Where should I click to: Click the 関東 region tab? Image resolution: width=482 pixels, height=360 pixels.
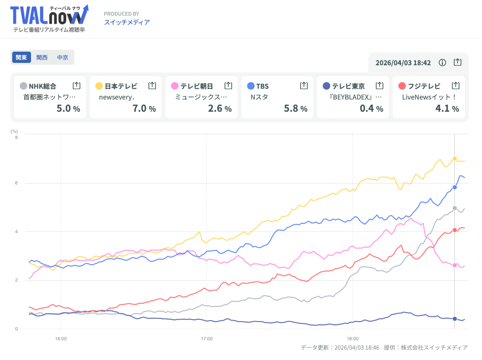tap(21, 57)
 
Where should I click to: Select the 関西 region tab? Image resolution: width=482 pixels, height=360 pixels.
tap(42, 57)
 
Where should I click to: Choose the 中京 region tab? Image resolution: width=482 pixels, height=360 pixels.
tap(62, 57)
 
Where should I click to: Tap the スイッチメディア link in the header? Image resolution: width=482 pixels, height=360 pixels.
tap(127, 22)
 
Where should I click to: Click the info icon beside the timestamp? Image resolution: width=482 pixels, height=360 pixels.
tap(442, 62)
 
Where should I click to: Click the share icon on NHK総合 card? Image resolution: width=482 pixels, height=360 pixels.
tap(77, 85)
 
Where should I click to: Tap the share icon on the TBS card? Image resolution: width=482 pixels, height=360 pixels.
tap(304, 85)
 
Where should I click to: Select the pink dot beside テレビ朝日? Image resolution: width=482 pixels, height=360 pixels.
tap(175, 86)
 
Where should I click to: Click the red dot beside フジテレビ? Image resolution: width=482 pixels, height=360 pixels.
tap(402, 86)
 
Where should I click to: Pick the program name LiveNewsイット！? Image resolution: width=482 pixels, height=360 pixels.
tap(429, 97)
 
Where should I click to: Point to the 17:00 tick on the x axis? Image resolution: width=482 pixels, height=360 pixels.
tap(207, 338)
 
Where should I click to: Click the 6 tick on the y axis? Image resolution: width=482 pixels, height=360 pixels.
tap(16, 183)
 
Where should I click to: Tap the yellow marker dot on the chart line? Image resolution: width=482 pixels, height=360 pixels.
tap(455, 159)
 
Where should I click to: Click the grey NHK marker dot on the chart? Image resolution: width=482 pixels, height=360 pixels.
tap(455, 208)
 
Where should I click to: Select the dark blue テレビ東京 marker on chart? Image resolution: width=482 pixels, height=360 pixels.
tap(455, 319)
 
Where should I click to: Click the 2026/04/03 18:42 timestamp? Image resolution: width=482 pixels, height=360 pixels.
tap(403, 62)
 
